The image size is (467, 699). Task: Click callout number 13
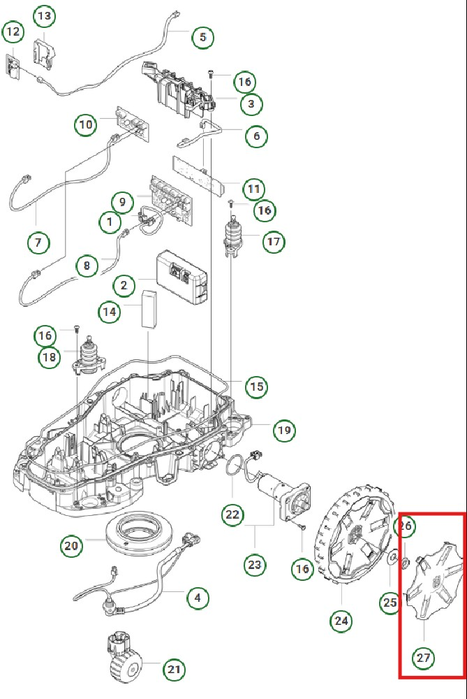[44, 15]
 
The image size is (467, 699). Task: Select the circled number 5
[202, 37]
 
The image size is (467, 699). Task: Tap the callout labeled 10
[85, 125]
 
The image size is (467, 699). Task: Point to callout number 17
[273, 243]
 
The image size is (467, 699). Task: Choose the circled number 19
[283, 430]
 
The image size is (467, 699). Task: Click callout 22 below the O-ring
[232, 515]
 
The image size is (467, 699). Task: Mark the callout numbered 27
[424, 657]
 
